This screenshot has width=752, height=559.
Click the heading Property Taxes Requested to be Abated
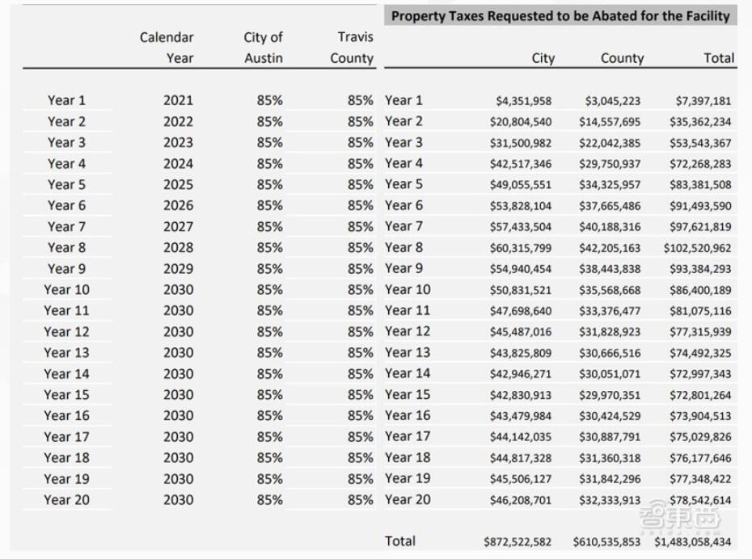[560, 16]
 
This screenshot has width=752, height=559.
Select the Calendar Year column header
[167, 48]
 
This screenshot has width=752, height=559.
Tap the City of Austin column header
[263, 48]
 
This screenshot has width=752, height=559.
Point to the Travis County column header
[352, 48]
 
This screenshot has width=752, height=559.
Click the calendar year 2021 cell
[178, 101]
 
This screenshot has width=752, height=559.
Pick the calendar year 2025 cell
[178, 185]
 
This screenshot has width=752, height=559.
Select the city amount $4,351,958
[524, 101]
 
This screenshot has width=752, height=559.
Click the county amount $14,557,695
[610, 122]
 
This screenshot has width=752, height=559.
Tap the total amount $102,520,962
[697, 248]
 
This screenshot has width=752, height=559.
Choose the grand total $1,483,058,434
[692, 542]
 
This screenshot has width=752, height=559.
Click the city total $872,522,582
[518, 542]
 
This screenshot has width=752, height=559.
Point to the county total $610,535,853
[606, 542]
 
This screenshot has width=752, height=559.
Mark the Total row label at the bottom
[400, 541]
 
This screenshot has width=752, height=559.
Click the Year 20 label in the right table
[408, 499]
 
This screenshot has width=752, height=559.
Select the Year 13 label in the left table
[66, 353]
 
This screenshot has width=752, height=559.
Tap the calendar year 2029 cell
[178, 269]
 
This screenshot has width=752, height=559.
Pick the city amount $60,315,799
[521, 248]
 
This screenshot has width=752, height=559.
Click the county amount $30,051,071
[610, 374]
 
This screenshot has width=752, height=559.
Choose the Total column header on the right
[719, 58]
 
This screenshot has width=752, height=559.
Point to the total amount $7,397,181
[703, 101]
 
